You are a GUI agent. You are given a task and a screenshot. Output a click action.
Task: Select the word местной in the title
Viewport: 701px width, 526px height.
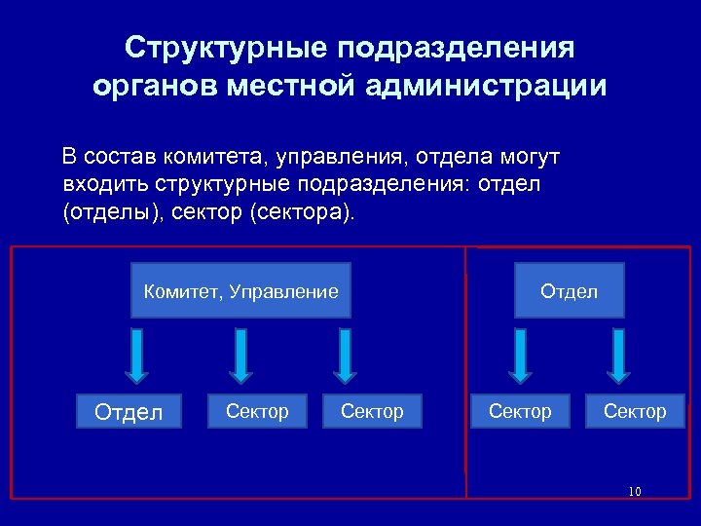tap(293, 87)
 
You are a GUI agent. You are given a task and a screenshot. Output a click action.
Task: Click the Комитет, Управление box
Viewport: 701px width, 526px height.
tap(240, 290)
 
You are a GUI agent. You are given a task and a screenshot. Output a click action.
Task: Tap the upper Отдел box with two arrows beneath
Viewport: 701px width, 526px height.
tap(569, 290)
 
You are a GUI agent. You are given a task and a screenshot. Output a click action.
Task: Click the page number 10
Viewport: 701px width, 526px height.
tap(635, 492)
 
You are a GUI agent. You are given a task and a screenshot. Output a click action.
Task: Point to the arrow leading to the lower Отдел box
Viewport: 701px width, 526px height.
tap(138, 355)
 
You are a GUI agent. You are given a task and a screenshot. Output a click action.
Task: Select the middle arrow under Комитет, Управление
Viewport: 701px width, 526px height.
tap(240, 355)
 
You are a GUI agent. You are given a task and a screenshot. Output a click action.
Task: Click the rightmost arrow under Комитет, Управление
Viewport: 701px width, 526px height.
tap(344, 355)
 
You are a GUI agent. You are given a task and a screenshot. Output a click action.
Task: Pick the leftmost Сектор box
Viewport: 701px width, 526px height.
tap(257, 411)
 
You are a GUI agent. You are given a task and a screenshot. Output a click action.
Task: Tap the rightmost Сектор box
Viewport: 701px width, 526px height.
tap(635, 411)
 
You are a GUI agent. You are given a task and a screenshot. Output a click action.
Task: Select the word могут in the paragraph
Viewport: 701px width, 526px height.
tap(528, 156)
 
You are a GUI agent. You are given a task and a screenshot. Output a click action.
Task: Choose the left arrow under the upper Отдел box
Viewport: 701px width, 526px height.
tap(521, 355)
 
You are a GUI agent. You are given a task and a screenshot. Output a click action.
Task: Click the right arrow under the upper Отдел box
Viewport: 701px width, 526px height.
tap(616, 355)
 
